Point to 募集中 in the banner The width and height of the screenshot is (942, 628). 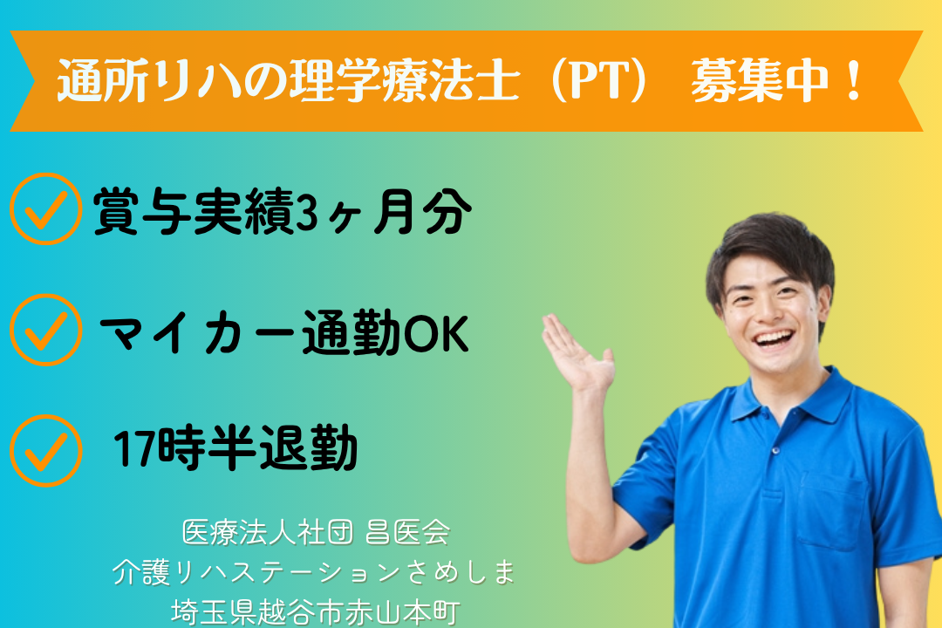pos(760,80)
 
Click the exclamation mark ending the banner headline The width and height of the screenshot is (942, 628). pos(852,80)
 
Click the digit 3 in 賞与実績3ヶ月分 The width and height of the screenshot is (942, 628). pos(307,212)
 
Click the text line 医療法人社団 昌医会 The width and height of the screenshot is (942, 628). pos(316,532)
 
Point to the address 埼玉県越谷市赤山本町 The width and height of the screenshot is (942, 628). pos(316,612)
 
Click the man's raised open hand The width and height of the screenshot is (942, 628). pos(577,355)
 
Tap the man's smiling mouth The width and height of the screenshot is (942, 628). pos(774,338)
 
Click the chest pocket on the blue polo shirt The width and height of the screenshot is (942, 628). pos(832,511)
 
